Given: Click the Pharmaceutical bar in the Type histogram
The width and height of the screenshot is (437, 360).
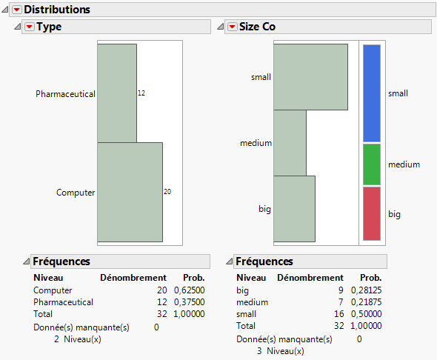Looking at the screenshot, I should (x=117, y=93).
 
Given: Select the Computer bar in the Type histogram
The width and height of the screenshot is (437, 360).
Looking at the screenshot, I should (x=130, y=192).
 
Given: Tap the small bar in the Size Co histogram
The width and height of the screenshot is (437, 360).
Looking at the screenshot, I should (x=310, y=77).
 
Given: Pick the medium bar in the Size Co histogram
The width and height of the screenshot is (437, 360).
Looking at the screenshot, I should (x=290, y=143).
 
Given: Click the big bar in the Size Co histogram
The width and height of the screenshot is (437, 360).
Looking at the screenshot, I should (x=294, y=209).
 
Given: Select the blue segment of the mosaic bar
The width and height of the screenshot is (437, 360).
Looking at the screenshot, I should (x=372, y=93).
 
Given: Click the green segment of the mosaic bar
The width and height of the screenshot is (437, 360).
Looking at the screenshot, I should (x=372, y=164).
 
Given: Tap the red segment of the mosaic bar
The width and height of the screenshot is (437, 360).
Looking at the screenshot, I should (x=372, y=213).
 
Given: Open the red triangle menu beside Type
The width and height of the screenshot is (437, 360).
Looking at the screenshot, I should (x=30, y=27).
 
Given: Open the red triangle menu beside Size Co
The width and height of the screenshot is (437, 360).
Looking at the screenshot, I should (x=232, y=27).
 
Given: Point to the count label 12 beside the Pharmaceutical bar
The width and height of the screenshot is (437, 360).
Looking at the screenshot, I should (x=141, y=93).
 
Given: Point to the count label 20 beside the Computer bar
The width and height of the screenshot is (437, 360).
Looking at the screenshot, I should (x=167, y=192).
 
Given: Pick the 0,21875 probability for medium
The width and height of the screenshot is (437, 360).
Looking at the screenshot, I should (x=365, y=302).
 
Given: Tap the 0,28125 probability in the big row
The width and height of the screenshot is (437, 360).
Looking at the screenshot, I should (x=365, y=290).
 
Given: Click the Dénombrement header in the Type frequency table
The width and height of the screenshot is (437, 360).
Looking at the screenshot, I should (x=133, y=278).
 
